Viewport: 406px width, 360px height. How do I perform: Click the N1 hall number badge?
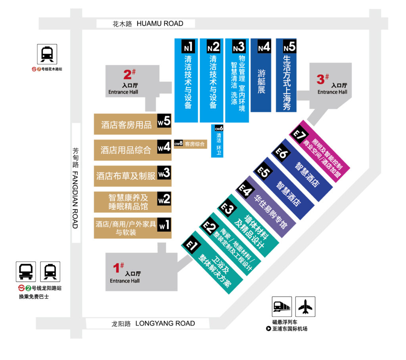point(188,47)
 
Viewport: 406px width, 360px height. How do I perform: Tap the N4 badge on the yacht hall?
point(264,47)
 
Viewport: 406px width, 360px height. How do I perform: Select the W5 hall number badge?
point(164,121)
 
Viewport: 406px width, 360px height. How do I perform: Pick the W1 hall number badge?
point(164,225)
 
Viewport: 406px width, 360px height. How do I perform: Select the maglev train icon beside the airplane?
point(282,307)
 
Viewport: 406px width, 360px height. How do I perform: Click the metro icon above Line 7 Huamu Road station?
point(47,54)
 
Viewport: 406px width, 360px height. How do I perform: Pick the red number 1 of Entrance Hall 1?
point(117,269)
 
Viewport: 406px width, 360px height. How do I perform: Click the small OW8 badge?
point(178,144)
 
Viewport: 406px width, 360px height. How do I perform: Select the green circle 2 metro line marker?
point(28,288)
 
